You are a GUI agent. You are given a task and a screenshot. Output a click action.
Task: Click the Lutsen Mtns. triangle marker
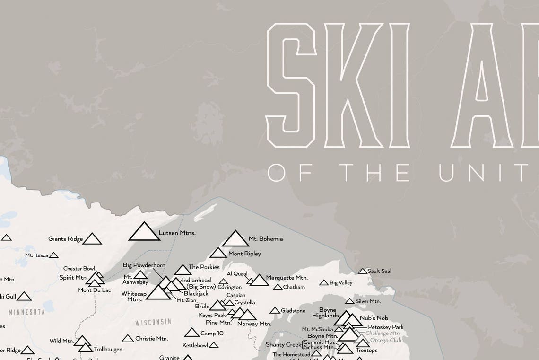(144, 232)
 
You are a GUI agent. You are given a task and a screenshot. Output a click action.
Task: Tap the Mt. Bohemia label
(265, 239)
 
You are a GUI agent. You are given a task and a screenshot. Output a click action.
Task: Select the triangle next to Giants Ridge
(92, 239)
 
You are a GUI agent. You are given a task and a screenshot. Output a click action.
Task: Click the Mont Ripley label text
(244, 254)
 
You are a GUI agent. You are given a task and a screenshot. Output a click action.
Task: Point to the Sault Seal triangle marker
(362, 271)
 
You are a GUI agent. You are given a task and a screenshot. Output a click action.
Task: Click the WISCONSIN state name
(153, 322)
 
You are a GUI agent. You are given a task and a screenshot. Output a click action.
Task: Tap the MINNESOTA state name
(26, 312)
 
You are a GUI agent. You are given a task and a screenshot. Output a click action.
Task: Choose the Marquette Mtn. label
(287, 278)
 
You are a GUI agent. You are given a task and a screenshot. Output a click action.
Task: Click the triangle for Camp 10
(192, 333)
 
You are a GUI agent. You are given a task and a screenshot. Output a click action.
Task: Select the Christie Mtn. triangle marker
(128, 339)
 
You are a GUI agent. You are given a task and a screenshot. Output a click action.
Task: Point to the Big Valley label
(341, 283)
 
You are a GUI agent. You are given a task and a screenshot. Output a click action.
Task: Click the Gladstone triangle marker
(275, 311)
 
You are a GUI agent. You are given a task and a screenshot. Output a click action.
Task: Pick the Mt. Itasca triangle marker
(53, 255)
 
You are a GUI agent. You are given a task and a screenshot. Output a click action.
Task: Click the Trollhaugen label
(108, 349)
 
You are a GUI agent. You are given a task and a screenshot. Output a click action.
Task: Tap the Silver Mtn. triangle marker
(349, 301)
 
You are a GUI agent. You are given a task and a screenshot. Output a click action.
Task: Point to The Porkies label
(204, 267)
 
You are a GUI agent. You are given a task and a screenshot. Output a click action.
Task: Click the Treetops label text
(366, 351)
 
